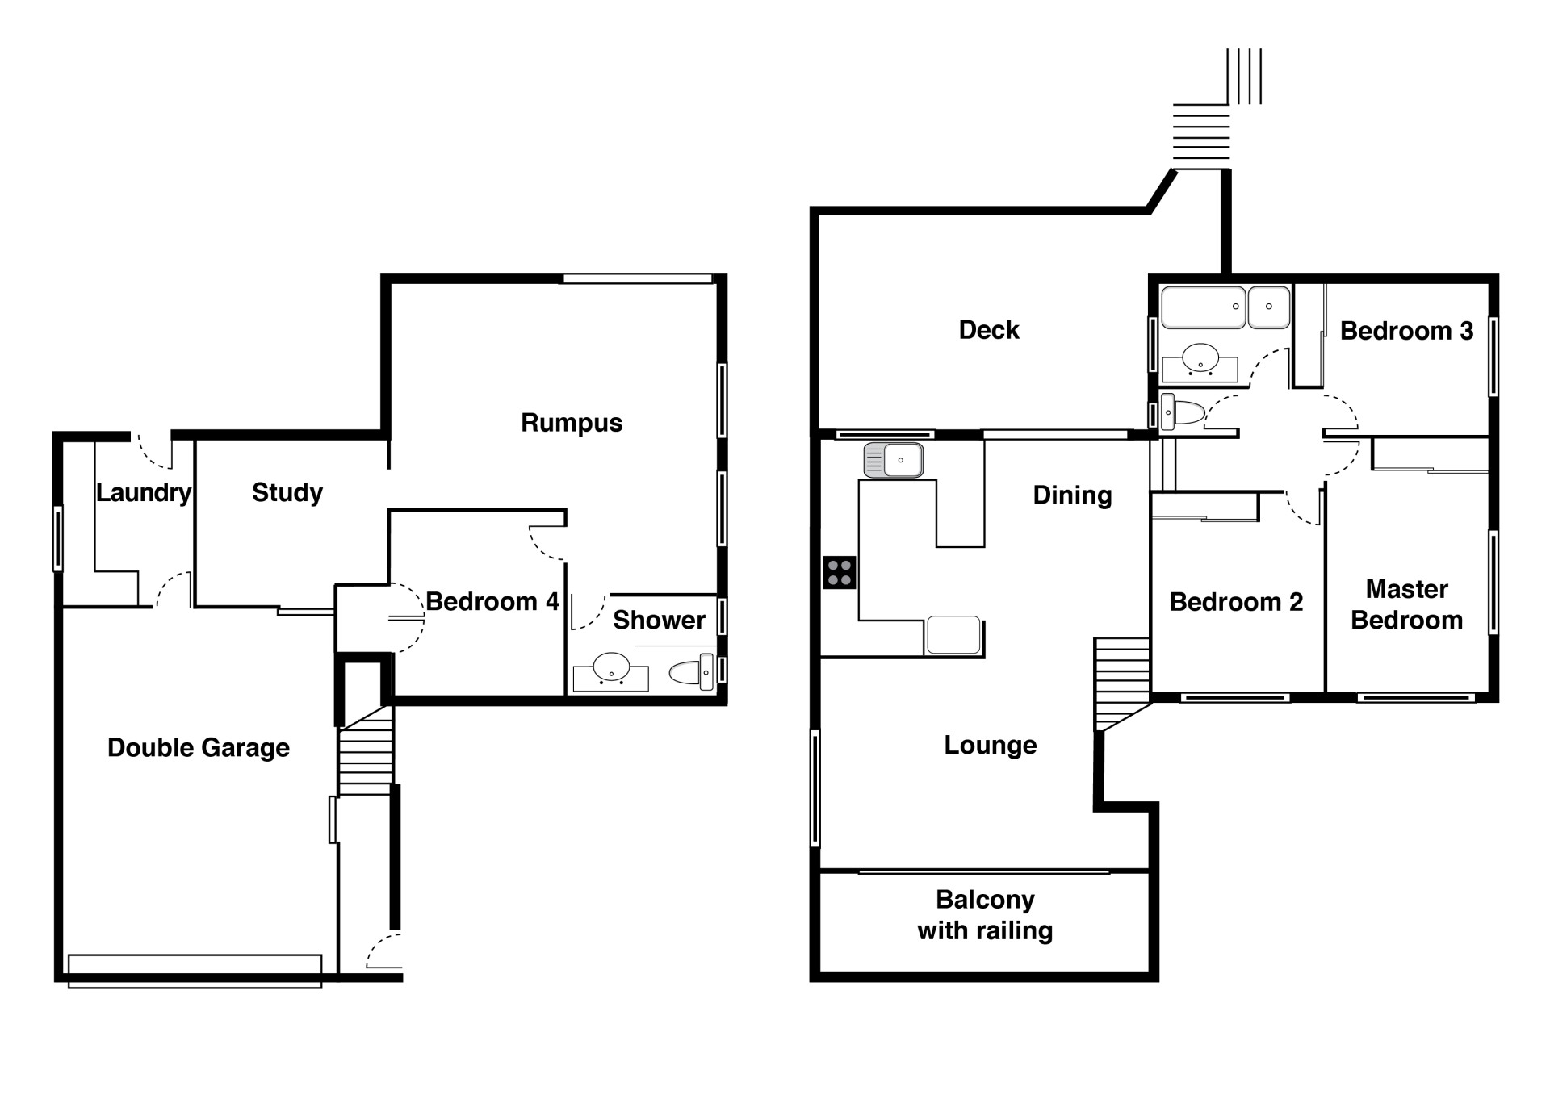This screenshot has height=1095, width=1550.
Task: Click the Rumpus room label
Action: (x=572, y=423)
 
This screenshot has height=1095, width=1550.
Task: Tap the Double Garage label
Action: (x=199, y=748)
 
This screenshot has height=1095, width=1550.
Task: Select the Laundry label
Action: (x=144, y=492)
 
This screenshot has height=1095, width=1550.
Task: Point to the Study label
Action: (x=287, y=492)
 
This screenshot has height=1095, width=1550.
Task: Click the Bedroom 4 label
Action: (x=492, y=601)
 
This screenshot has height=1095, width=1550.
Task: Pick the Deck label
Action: (x=989, y=330)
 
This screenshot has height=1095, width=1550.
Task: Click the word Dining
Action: (x=1072, y=495)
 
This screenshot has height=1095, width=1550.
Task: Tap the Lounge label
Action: (x=991, y=745)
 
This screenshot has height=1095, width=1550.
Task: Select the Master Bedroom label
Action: (x=1407, y=604)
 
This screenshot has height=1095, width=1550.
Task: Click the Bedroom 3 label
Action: (x=1407, y=331)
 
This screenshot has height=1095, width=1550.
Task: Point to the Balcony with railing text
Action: (x=985, y=915)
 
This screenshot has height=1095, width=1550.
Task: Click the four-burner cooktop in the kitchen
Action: (x=840, y=573)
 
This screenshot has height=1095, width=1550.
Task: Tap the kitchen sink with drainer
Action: (x=893, y=460)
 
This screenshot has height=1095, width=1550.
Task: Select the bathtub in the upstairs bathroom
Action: (x=1203, y=307)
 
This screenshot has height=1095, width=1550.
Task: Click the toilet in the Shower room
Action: (x=693, y=672)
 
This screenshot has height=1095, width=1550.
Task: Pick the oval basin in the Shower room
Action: (x=611, y=668)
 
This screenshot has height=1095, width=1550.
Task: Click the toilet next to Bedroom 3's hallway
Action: (x=1183, y=413)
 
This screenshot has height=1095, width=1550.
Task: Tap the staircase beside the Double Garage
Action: (x=366, y=750)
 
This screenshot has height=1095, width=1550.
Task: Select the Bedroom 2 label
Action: (x=1236, y=602)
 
